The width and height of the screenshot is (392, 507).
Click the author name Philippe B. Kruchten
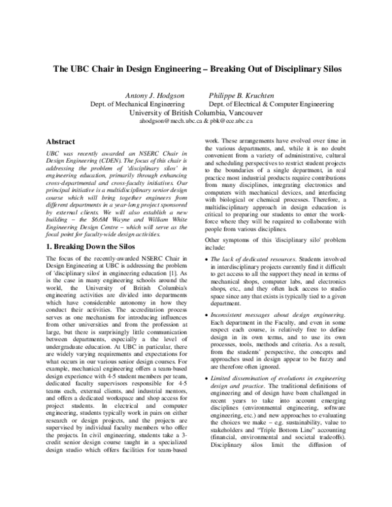(242, 95)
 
